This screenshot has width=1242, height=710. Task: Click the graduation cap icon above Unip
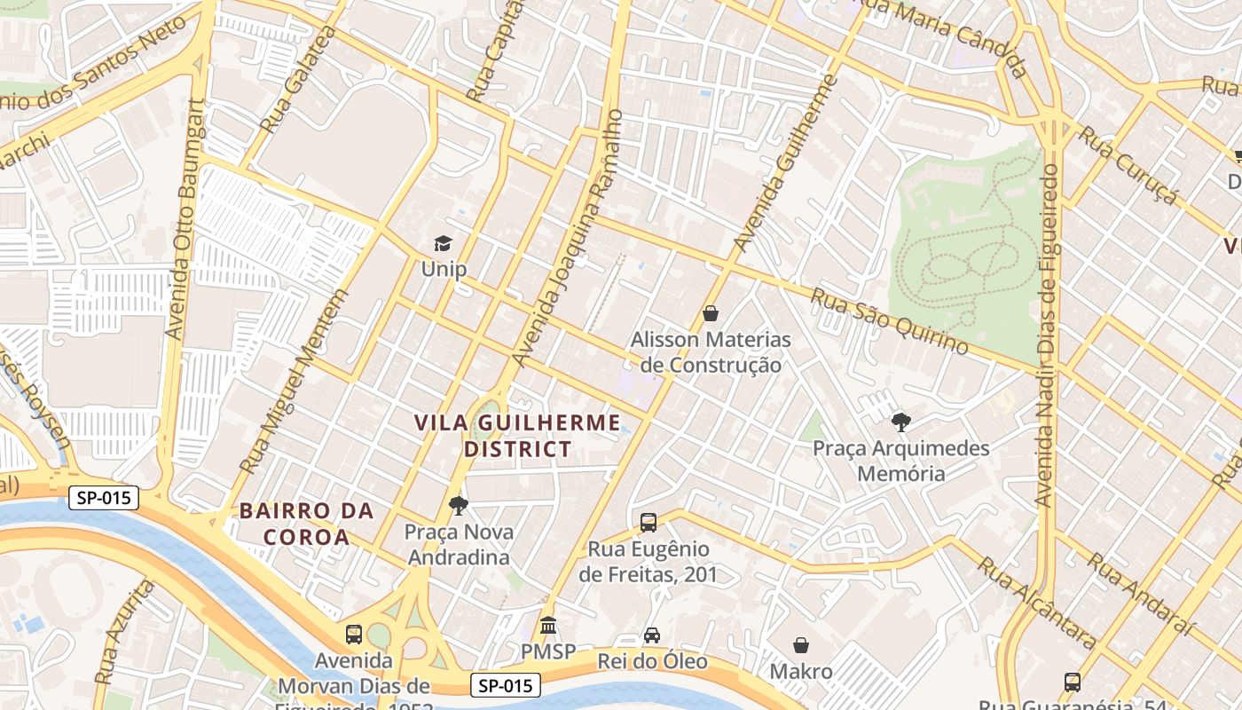point(443,243)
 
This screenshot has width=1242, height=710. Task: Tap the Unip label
point(444,268)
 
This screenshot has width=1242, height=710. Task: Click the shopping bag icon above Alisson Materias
point(710,313)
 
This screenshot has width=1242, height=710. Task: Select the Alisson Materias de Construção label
point(711,352)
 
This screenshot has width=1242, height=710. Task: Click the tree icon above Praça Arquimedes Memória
point(900,422)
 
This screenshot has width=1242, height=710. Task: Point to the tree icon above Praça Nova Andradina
point(458,506)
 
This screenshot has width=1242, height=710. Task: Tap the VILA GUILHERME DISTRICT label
point(518,436)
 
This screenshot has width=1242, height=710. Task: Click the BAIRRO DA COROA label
point(306,524)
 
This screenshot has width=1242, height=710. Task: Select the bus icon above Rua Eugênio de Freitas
point(649,523)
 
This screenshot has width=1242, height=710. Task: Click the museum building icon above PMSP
point(548,626)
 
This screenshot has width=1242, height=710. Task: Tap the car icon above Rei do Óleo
point(652,635)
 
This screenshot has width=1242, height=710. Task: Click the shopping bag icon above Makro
point(801,645)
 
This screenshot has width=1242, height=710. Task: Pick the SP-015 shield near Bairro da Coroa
point(104,498)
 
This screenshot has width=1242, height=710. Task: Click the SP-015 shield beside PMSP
point(505,685)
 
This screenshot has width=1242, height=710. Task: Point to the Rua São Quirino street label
point(889,321)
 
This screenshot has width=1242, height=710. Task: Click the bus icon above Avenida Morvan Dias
point(354,635)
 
